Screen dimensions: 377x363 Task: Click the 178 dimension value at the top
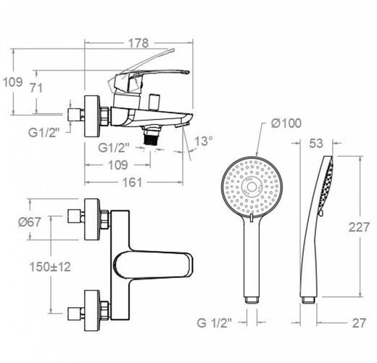(138, 44)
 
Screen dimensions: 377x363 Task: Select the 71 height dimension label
(36, 88)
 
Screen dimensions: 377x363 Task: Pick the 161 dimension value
(132, 182)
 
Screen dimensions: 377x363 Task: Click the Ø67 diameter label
(30, 222)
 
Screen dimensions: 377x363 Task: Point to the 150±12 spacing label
(50, 267)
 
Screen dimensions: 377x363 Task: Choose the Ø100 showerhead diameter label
(286, 123)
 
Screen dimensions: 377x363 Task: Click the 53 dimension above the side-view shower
(316, 143)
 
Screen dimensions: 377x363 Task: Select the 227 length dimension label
(359, 227)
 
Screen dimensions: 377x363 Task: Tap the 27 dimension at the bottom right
(359, 323)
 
